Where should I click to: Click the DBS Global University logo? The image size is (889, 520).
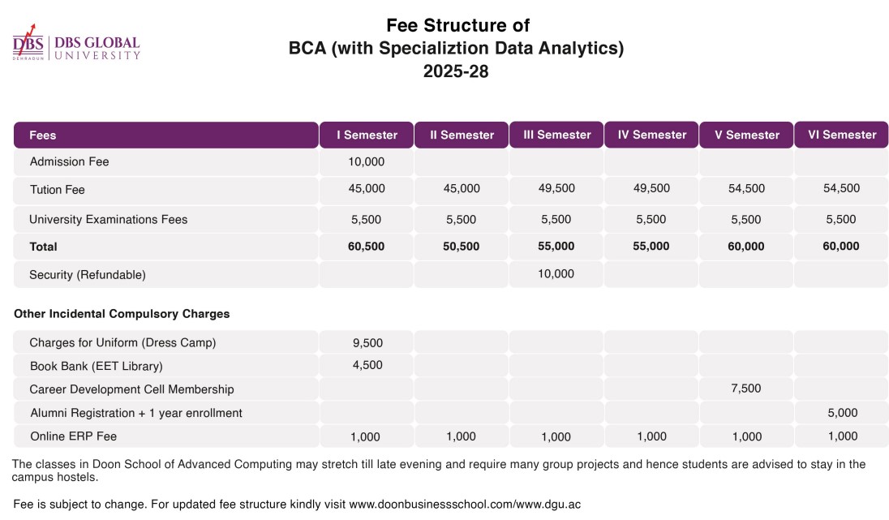[76, 47]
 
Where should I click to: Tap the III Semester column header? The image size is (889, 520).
[556, 135]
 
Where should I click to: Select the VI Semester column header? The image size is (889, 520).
[841, 135]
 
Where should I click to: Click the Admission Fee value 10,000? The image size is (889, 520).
[366, 161]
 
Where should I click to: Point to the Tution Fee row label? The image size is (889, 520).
[57, 189]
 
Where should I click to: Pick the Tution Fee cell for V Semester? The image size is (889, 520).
[746, 188]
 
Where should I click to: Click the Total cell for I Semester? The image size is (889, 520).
[366, 246]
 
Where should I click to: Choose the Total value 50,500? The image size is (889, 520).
[461, 246]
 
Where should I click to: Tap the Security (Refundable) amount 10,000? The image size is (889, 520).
[556, 273]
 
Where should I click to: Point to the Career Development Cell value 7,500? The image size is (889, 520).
[746, 389]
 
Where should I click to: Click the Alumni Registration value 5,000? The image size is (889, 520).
[842, 413]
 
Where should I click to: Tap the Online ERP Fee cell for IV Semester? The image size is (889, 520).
[651, 436]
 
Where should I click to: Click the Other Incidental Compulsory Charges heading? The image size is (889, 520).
[122, 313]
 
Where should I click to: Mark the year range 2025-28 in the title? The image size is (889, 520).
[456, 71]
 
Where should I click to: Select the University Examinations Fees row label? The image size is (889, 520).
[108, 219]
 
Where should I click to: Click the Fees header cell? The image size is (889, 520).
[43, 135]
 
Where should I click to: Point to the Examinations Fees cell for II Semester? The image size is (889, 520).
[461, 219]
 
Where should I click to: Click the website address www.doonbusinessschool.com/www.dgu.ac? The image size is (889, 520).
[465, 504]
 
